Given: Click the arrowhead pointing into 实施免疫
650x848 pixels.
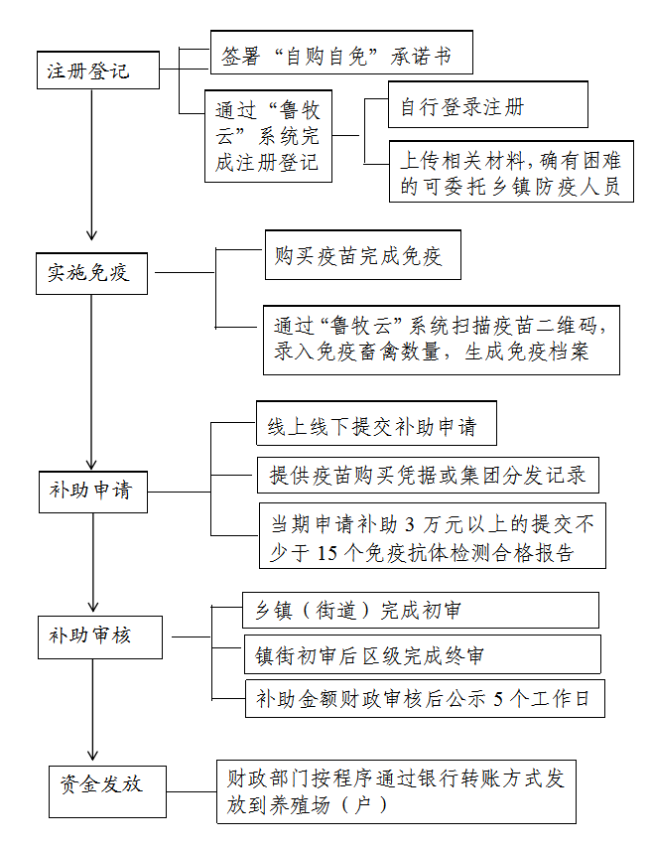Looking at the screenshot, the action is pyautogui.click(x=92, y=234).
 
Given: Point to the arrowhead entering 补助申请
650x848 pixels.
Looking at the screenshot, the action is pyautogui.click(x=92, y=464).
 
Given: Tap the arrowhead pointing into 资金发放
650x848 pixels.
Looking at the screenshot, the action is pyautogui.click(x=92, y=755).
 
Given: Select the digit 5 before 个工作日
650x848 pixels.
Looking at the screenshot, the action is pyautogui.click(x=498, y=699).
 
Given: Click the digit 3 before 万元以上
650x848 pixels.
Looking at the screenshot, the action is pyautogui.click(x=410, y=524).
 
